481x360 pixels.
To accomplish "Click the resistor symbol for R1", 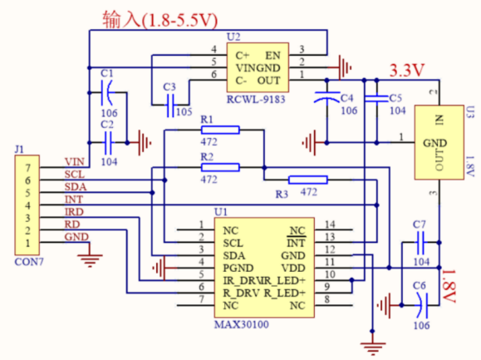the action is (x=220, y=131).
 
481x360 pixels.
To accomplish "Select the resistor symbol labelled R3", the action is (x=308, y=180).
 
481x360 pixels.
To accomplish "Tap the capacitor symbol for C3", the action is (x=170, y=106).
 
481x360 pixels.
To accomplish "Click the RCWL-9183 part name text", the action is (x=256, y=100).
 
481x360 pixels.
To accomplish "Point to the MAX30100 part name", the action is (x=242, y=324).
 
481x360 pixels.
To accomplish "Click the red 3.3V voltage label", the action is (x=407, y=71).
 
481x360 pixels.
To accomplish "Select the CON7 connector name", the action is (x=29, y=262).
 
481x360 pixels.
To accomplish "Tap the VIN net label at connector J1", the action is (x=75, y=162).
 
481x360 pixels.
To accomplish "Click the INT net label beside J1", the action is (x=74, y=200).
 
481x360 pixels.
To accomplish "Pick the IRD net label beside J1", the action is (x=74, y=212).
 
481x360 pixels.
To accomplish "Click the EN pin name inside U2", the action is (x=272, y=56).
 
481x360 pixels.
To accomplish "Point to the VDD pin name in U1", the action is (x=293, y=269).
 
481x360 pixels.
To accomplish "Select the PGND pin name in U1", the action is (x=238, y=269).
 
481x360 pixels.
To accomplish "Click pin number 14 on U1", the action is (x=330, y=224).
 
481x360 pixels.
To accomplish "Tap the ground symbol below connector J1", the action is (x=90, y=259).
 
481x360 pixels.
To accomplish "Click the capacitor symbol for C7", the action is (x=420, y=243).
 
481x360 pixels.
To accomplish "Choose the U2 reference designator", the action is (x=233, y=37).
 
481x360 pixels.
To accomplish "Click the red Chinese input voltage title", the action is (x=160, y=20).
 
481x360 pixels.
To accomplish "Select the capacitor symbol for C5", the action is (x=376, y=98).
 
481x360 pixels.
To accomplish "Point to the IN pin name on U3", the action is (x=439, y=120).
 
